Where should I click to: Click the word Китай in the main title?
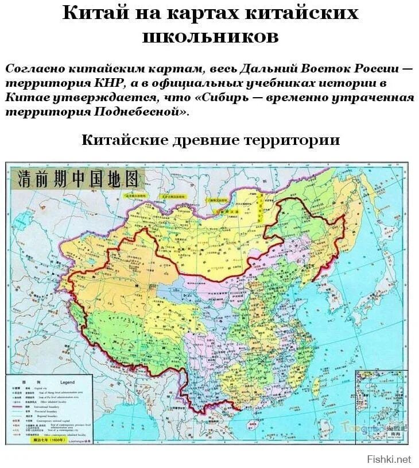pos(94,14)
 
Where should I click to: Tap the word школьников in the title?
pos(209,36)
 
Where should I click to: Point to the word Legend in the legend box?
pos(67,382)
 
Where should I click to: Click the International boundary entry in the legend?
pos(64,406)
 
